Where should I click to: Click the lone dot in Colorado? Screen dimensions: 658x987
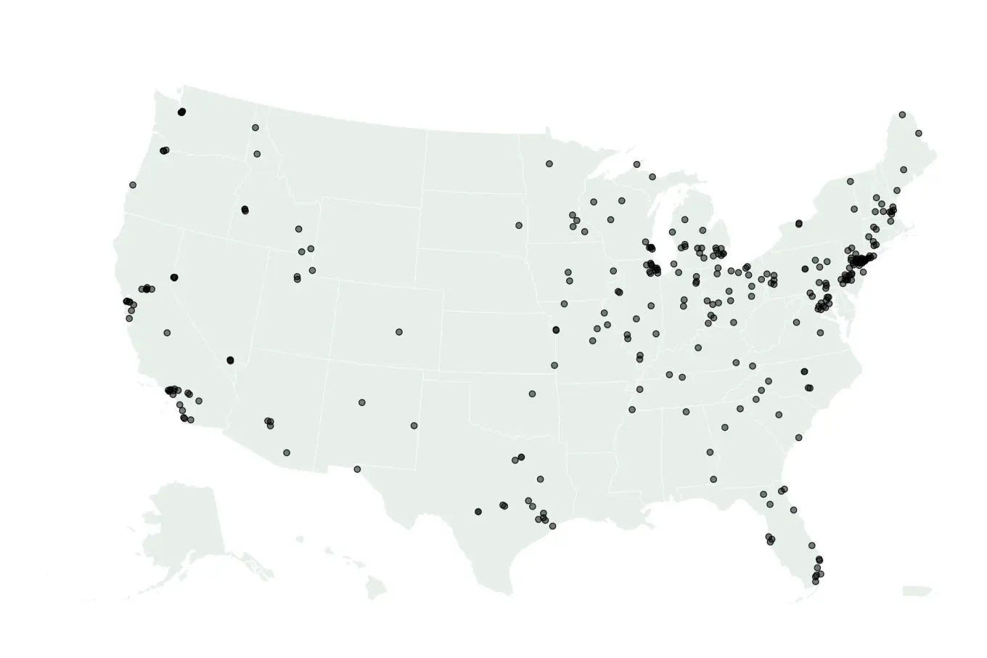[399, 332]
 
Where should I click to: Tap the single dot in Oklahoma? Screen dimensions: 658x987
[532, 394]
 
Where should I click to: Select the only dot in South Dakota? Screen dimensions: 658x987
[519, 225]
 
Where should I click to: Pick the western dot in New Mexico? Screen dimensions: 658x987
[362, 402]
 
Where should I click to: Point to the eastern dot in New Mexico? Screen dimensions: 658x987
[414, 426]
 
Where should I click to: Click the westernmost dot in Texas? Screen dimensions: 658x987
[357, 469]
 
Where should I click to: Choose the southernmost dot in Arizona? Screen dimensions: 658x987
[287, 452]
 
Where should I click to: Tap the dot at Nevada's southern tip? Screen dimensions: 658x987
[231, 360]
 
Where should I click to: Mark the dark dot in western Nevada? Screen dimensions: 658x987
[174, 277]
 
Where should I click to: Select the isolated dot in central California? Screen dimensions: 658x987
[167, 333]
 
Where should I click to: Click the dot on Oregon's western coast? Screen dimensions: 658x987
[133, 185]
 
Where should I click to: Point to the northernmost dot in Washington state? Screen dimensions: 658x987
[182, 112]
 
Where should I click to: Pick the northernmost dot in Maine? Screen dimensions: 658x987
[902, 115]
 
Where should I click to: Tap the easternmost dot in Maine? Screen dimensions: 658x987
[918, 134]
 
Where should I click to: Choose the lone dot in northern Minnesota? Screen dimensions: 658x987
[549, 163]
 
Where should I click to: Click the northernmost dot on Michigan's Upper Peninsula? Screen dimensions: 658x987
[636, 164]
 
